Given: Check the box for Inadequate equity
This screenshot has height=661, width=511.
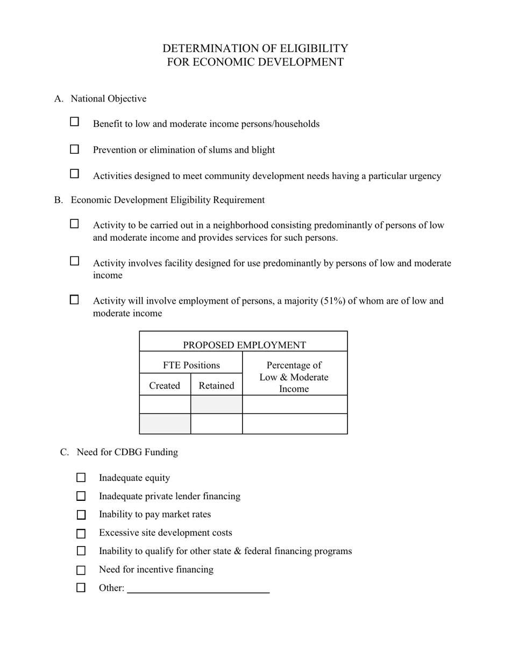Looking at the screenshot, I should click(81, 478).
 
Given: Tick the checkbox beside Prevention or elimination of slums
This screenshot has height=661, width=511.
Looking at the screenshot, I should click(75, 149).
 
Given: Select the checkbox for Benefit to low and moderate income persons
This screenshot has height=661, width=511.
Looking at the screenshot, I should click(75, 122).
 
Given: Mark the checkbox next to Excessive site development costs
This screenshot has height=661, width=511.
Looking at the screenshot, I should click(81, 534).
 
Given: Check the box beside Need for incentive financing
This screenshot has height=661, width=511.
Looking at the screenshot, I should click(81, 570).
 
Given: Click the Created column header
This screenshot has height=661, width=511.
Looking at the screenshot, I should click(165, 385).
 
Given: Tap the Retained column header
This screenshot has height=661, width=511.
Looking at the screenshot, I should click(216, 385).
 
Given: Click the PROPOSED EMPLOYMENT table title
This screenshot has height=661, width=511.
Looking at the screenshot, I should click(244, 345).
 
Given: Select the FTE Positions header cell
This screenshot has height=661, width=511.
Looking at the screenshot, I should click(191, 365).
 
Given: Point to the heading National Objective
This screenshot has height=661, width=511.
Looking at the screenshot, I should click(109, 98).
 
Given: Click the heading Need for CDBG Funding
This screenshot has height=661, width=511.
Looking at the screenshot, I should click(127, 452).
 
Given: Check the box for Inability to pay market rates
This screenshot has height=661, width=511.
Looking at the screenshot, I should click(81, 515).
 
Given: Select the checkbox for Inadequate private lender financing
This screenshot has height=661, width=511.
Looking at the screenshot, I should click(81, 496).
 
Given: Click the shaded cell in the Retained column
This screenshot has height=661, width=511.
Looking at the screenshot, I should click(216, 404).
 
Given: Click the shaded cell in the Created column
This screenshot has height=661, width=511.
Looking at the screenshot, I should click(165, 423).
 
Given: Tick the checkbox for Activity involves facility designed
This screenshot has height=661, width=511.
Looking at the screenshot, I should click(75, 261).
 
